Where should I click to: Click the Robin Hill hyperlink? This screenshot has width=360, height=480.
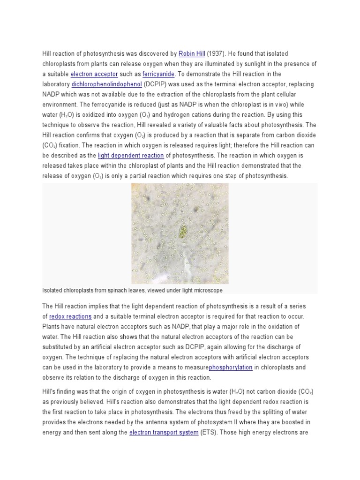191,54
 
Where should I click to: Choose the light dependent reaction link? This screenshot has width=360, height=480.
131,155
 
